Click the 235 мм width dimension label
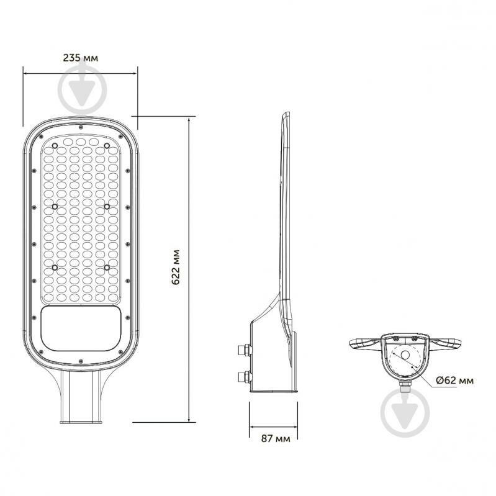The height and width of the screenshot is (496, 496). click(x=80, y=58)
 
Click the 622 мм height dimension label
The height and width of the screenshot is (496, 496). click(x=176, y=268)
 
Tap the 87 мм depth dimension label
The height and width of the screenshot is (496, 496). click(x=276, y=438)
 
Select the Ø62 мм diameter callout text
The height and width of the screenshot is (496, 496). click(x=454, y=380)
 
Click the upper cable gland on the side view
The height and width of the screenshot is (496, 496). click(x=244, y=350)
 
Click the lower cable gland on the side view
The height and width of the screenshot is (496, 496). click(x=244, y=377)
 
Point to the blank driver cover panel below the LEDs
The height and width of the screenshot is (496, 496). click(x=81, y=328)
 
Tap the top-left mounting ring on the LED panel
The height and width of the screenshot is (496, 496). click(x=55, y=146)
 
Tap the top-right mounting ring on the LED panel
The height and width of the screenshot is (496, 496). click(x=107, y=146)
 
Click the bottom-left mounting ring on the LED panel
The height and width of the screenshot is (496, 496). click(x=55, y=268)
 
